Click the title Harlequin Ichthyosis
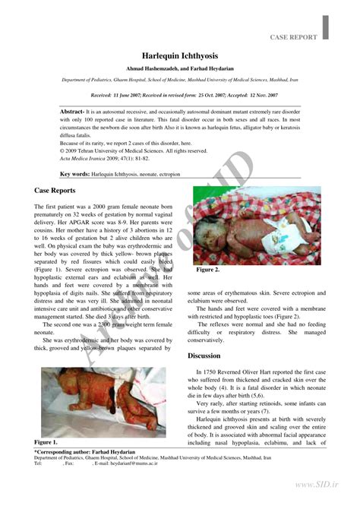click(x=180, y=56)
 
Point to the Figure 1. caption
click(x=46, y=441)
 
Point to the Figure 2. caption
click(x=207, y=269)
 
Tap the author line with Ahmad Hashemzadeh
click(x=180, y=68)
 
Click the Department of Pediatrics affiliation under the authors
click(x=180, y=79)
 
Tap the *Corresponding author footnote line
click(x=83, y=451)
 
